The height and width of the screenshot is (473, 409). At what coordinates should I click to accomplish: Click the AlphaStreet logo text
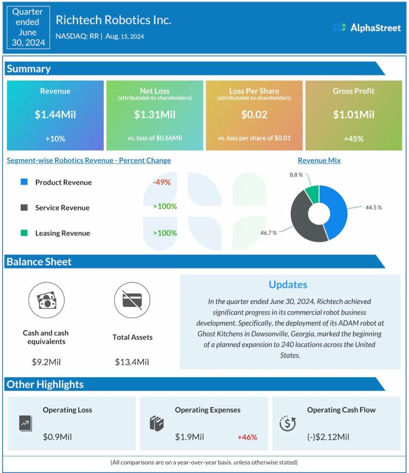pyautogui.click(x=375, y=28)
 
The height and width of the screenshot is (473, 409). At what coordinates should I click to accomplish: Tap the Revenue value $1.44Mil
pyautogui.click(x=55, y=114)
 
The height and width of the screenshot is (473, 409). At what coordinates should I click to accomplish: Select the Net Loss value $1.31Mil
pyautogui.click(x=154, y=114)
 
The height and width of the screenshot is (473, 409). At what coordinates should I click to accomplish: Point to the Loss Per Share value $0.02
pyautogui.click(x=254, y=114)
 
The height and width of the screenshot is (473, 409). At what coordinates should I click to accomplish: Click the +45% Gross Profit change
pyautogui.click(x=354, y=139)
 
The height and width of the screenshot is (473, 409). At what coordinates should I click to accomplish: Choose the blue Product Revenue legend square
pyautogui.click(x=24, y=182)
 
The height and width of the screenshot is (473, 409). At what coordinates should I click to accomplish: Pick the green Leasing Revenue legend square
pyautogui.click(x=24, y=233)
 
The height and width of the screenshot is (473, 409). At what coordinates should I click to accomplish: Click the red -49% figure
pyautogui.click(x=162, y=182)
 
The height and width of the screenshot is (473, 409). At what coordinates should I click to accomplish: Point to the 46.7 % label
pyautogui.click(x=268, y=233)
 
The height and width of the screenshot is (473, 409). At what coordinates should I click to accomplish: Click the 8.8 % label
pyautogui.click(x=296, y=175)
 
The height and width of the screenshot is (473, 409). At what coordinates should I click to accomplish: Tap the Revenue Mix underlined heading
pyautogui.click(x=319, y=161)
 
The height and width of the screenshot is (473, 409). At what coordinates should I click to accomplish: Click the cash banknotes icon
pyautogui.click(x=46, y=300)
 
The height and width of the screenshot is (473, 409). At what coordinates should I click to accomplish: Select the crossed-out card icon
pyautogui.click(x=132, y=300)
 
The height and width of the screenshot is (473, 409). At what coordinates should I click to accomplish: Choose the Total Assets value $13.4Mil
pyautogui.click(x=132, y=362)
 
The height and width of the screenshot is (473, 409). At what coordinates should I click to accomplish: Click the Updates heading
pyautogui.click(x=288, y=285)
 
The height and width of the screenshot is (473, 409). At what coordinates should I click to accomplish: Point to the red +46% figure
pyautogui.click(x=247, y=437)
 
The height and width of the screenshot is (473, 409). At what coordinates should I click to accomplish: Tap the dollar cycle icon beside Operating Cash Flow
pyautogui.click(x=288, y=423)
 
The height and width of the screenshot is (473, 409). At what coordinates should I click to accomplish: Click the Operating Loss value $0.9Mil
pyautogui.click(x=58, y=437)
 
